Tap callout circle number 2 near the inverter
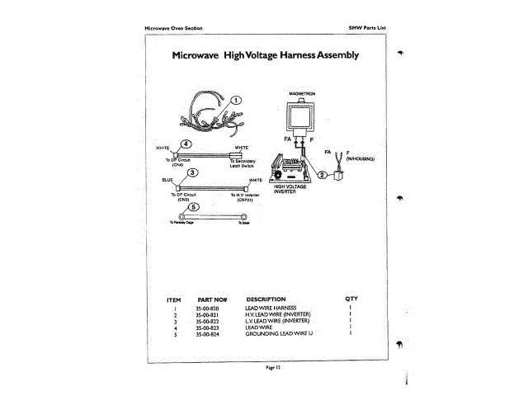click(x=322, y=175)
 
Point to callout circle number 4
click(x=186, y=145)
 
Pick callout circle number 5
click(x=194, y=207)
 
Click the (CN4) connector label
click(x=177, y=165)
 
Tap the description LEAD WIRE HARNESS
click(x=269, y=308)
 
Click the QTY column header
click(x=351, y=298)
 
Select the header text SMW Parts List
click(x=368, y=28)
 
